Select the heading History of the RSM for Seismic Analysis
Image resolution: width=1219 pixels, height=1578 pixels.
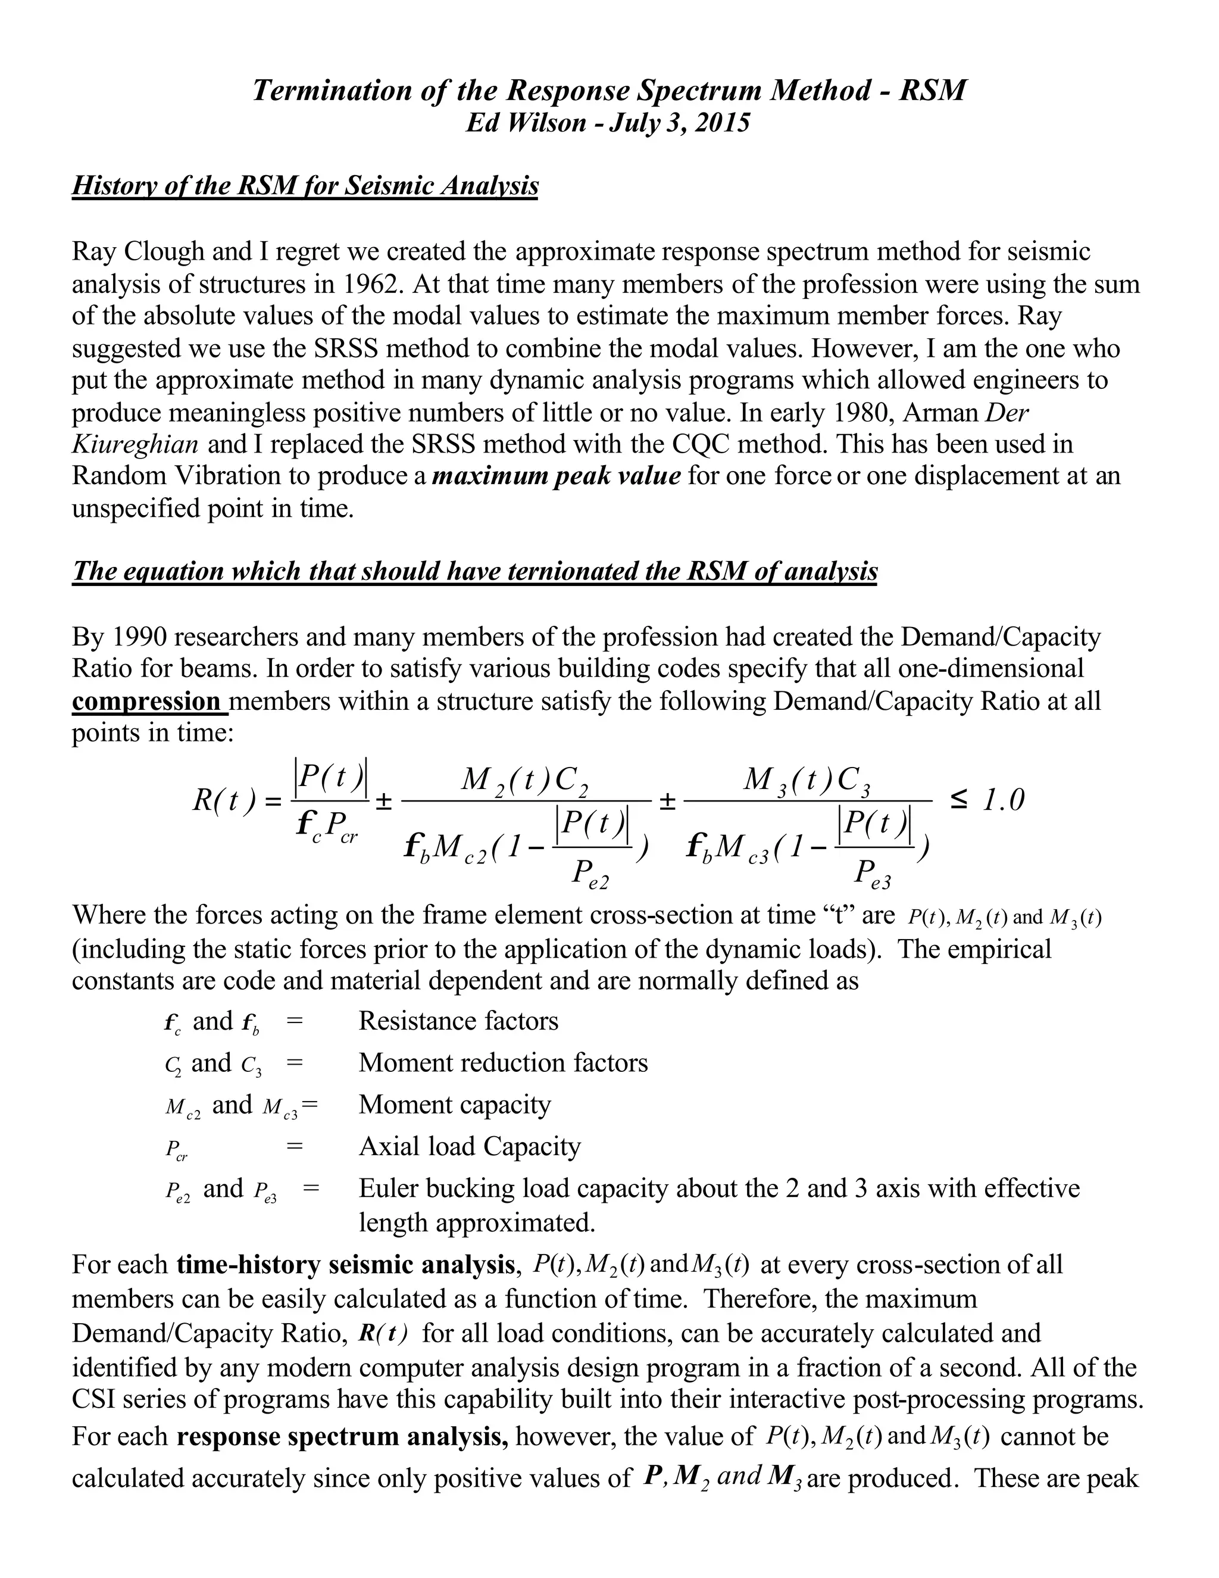pyautogui.click(x=305, y=186)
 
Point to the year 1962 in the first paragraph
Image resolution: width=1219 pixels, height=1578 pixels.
pyautogui.click(x=370, y=284)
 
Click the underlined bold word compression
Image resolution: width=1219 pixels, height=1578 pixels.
pyautogui.click(x=146, y=701)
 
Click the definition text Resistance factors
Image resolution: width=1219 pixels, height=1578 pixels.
pyautogui.click(x=458, y=1021)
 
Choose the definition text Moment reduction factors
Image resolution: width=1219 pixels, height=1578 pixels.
pyautogui.click(x=504, y=1063)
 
